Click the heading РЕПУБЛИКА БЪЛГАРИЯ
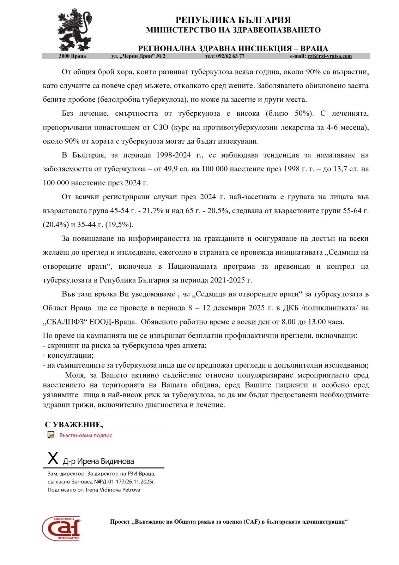pos(233,20)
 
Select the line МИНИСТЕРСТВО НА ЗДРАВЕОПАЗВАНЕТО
pos(233,30)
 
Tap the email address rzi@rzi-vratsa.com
pos(330,56)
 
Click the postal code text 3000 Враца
pos(72,56)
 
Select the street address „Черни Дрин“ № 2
pos(138,56)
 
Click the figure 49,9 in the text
pos(170,169)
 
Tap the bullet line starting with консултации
pos(68,356)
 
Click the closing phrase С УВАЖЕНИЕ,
pos(74,424)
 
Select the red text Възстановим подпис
pos(86,435)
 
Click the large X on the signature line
pos(53,459)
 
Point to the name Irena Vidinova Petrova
pos(113,490)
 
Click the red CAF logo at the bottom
pos(61,528)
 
